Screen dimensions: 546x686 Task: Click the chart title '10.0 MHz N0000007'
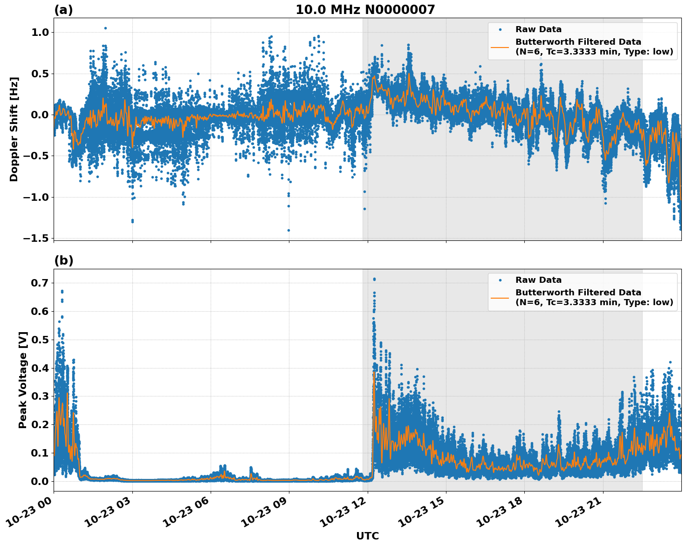(365, 10)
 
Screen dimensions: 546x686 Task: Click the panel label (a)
(63, 10)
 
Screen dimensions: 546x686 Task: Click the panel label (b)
(63, 260)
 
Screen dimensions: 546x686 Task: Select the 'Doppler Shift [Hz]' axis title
(14, 129)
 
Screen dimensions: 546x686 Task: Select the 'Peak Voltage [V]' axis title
(23, 380)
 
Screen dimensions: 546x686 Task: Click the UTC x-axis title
(367, 536)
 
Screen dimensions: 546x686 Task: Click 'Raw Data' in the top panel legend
(538, 29)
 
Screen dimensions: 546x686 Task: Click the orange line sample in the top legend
(500, 47)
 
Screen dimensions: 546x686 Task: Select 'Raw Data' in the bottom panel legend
(538, 280)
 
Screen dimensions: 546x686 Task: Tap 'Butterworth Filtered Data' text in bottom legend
(578, 293)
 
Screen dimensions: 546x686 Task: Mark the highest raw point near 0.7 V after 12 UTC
(374, 279)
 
